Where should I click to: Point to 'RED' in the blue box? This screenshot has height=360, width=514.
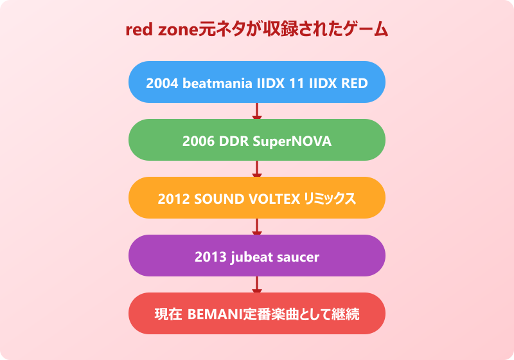[354, 82]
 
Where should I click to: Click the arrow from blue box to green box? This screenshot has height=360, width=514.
[257, 111]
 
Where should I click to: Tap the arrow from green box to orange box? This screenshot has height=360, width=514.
[257, 169]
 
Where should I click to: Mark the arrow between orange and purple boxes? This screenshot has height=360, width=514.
[257, 227]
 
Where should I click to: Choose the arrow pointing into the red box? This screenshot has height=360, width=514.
[257, 285]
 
